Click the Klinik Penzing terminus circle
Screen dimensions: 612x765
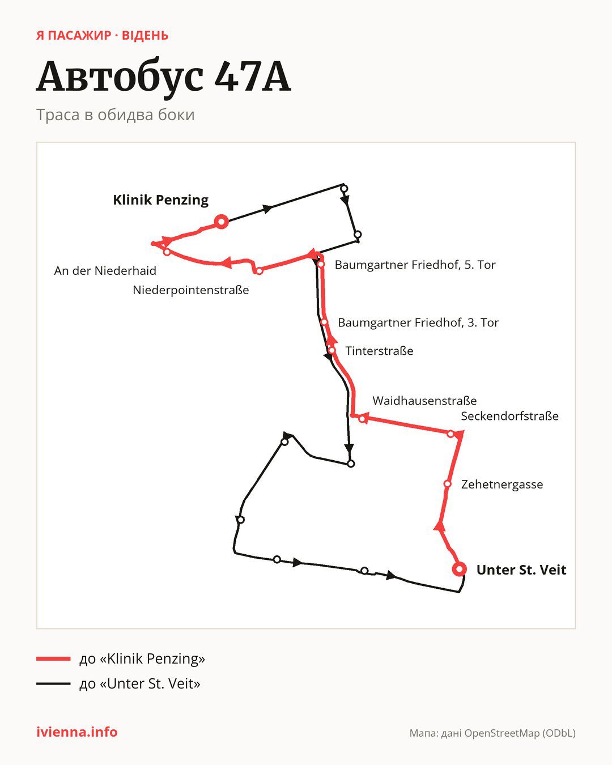point(221,222)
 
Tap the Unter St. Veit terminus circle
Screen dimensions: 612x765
point(459,569)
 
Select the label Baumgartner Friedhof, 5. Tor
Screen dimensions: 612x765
point(415,265)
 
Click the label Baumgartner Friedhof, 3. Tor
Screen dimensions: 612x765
point(418,323)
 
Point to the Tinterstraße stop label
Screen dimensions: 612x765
point(379,351)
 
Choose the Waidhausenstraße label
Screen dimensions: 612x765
point(424,401)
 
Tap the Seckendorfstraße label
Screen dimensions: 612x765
point(509,416)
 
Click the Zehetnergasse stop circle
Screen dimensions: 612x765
point(447,484)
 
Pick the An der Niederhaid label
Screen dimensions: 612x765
point(105,271)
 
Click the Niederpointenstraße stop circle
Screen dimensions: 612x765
point(259,271)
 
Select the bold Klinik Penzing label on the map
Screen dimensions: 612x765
point(161,200)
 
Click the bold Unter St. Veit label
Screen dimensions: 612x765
point(521,569)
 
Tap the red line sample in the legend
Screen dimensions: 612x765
point(53,658)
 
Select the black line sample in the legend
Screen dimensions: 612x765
point(53,683)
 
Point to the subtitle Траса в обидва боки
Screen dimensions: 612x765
point(116,115)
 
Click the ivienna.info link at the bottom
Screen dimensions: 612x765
point(77,732)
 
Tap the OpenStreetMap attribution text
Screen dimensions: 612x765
point(492,733)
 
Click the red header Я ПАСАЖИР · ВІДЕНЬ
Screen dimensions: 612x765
point(103,36)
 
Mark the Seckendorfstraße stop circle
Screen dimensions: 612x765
point(450,433)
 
